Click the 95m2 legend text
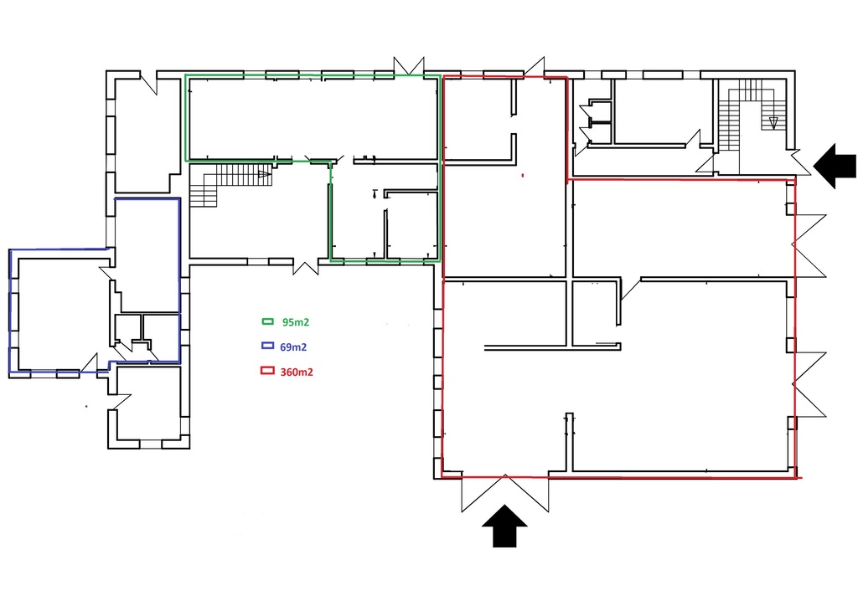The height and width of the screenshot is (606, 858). pos(297,321)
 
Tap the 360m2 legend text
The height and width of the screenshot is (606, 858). pos(298,372)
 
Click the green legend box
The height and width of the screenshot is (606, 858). pos(268,321)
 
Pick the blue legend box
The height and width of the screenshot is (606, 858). pos(268,346)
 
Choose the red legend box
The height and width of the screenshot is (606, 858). pos(268,372)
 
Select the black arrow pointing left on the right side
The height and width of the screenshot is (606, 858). pos(835,164)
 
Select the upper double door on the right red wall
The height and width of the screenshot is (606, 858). pos(809,244)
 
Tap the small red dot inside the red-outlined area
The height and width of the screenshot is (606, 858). pos(522,176)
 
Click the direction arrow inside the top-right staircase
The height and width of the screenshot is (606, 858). pos(773,123)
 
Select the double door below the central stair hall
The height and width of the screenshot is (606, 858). pos(304,267)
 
